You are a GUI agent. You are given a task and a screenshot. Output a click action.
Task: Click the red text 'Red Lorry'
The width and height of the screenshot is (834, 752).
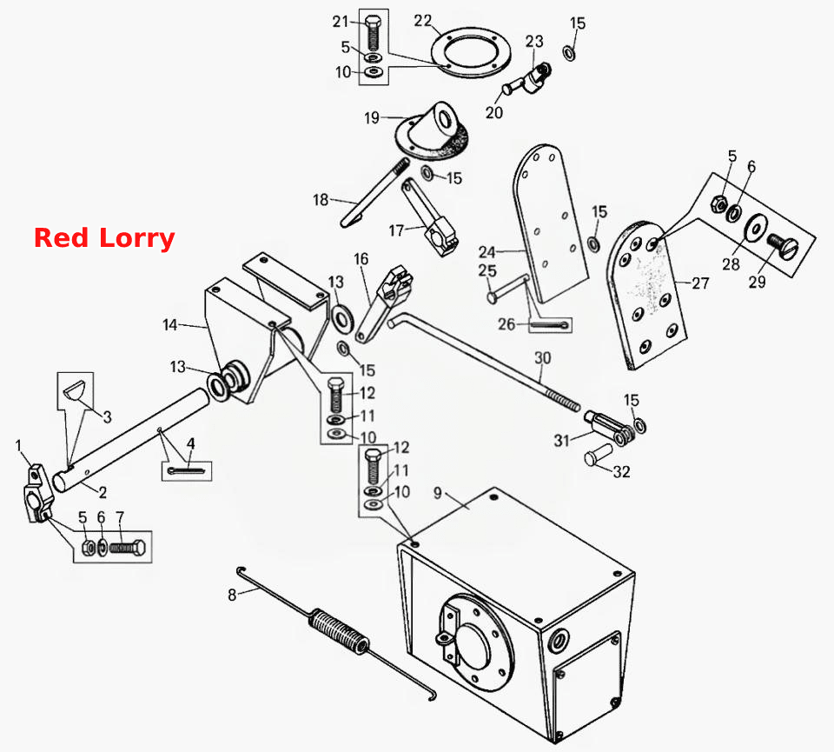104,238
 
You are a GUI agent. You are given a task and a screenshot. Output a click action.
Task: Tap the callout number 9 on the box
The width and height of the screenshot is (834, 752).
437,493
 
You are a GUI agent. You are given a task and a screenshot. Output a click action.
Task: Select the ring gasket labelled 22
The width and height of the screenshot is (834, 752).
471,51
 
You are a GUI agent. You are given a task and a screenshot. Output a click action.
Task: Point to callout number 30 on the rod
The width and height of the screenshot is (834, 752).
542,358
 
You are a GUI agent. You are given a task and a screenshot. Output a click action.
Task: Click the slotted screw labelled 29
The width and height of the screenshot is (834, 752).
783,246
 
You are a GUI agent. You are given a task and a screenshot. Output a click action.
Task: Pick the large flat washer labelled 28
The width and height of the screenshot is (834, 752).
754,228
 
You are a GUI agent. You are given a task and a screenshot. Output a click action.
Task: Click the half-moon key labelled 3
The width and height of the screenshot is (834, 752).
73,392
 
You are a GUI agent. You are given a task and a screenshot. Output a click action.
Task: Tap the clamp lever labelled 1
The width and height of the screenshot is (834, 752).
38,494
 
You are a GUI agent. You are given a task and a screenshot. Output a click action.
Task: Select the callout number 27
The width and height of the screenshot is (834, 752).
700,283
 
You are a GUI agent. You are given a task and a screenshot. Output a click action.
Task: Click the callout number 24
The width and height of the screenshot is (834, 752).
486,252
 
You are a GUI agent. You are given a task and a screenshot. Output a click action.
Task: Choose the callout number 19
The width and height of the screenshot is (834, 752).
372,117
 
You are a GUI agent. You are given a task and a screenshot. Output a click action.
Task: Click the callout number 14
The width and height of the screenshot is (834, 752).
169,324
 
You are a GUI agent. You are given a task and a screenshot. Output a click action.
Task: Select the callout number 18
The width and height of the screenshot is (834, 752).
321,200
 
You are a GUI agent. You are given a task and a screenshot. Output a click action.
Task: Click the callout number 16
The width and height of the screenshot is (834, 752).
361,259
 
